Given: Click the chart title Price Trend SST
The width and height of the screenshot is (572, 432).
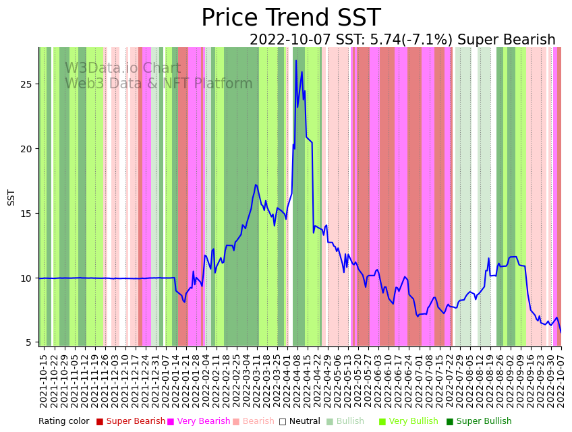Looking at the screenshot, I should (x=291, y=18).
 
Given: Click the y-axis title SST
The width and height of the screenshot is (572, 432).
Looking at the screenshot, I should (x=11, y=197).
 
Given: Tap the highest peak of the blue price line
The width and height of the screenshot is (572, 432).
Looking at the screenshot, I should (x=295, y=61).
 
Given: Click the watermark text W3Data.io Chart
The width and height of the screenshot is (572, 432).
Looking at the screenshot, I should (x=123, y=69).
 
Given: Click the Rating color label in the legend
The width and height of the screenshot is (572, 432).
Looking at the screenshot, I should (x=63, y=422).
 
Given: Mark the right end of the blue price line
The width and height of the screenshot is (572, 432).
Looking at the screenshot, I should (x=561, y=332).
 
